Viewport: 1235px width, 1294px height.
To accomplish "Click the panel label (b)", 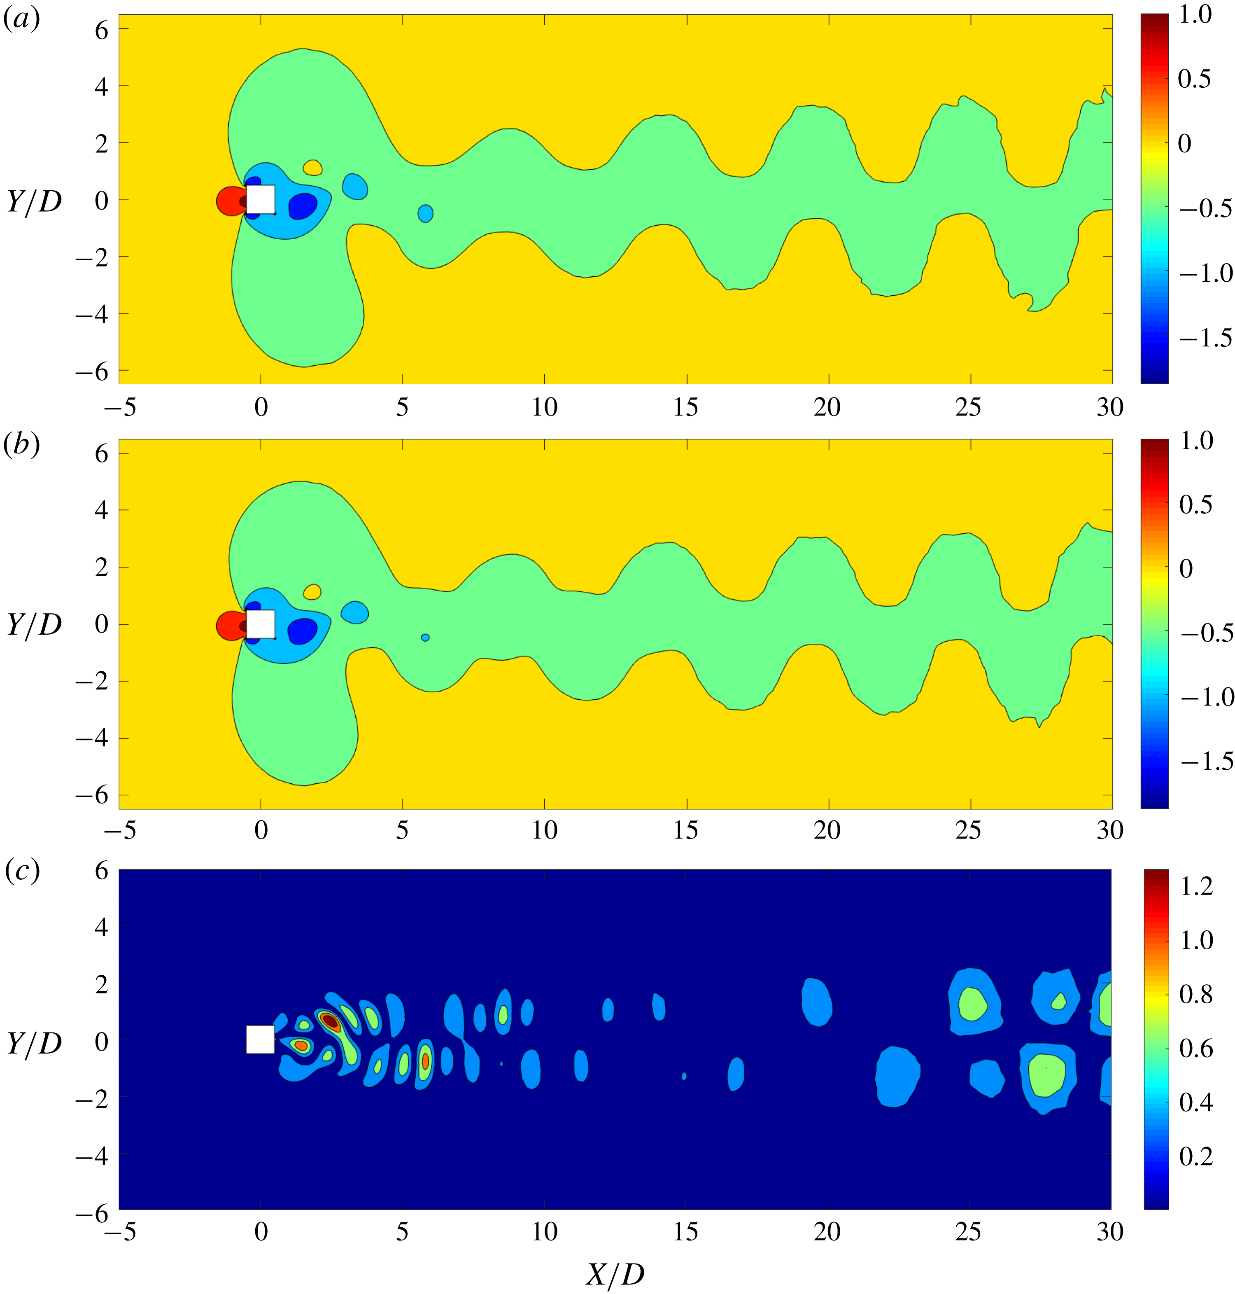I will point(22,445).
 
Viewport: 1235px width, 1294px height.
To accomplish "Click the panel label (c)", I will point(22,871).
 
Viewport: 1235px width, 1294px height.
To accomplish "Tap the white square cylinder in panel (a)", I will point(261,199).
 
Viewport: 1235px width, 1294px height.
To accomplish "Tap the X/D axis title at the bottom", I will point(615,1275).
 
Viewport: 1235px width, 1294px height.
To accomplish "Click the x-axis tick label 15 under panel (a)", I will point(686,408).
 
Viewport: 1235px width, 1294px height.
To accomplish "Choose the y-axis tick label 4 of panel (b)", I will point(101,510).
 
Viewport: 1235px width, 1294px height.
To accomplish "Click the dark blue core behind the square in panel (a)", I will point(303,206).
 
